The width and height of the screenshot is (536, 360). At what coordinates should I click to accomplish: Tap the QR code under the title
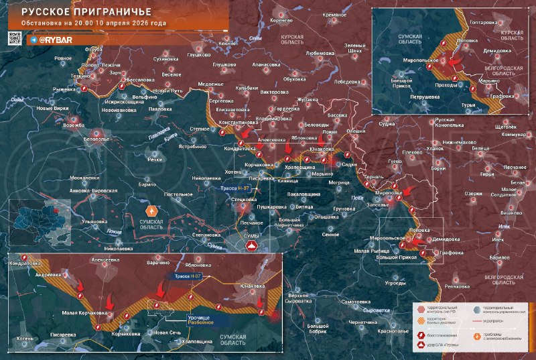point(16,40)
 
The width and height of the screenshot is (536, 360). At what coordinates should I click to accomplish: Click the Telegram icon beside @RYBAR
point(33,40)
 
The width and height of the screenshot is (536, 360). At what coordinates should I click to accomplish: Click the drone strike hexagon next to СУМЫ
point(253,247)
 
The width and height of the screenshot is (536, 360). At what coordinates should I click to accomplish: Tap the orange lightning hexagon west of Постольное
point(150,208)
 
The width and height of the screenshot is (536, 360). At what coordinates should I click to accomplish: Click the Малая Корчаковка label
point(84,311)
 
